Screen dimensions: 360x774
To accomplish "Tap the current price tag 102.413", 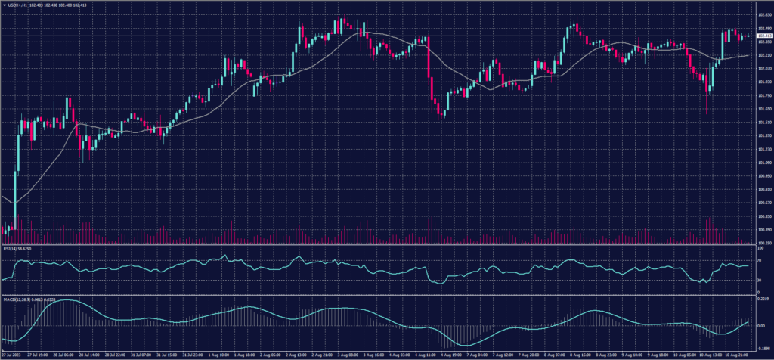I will (x=763, y=36).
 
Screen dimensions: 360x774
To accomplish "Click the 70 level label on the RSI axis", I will (x=758, y=260).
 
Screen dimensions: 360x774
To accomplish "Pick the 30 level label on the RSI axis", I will (x=758, y=281).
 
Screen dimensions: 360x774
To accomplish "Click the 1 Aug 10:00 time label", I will (x=219, y=354).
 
